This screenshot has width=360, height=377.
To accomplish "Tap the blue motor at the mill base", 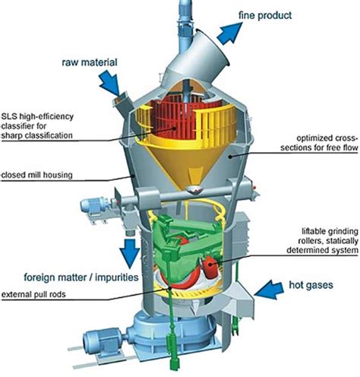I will (84, 349).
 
